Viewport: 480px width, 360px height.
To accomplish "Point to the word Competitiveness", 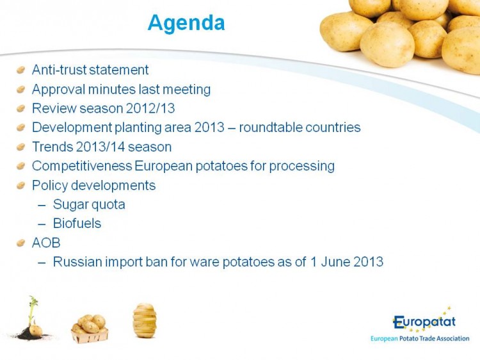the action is [x=82, y=166].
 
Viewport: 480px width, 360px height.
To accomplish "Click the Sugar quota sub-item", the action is [x=89, y=205].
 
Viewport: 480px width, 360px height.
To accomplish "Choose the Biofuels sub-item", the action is [x=77, y=224].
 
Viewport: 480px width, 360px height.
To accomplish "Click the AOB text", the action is [x=46, y=243].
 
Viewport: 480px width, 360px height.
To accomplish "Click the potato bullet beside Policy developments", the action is [x=20, y=185].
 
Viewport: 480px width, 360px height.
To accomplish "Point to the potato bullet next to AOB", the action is [x=20, y=243].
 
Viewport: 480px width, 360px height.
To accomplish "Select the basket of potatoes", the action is [x=90, y=329].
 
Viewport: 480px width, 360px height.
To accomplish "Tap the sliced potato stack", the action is [x=145, y=320].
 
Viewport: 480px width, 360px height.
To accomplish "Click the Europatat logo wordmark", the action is [x=424, y=322].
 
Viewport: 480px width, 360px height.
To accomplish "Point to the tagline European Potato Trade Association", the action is [x=420, y=339].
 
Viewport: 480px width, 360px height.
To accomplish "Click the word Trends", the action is [x=52, y=147].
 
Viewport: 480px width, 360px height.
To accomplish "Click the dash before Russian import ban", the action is [x=42, y=263].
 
